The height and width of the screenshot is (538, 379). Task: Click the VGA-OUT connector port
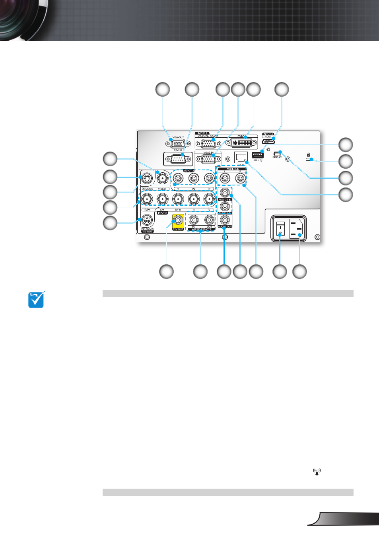coord(177,144)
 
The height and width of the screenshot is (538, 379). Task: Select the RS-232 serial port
coord(178,159)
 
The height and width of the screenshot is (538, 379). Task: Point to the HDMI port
coord(268,141)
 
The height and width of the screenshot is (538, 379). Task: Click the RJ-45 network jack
coord(241,158)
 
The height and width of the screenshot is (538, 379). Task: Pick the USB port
coord(257,155)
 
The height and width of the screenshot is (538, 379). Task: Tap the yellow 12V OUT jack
coord(178,220)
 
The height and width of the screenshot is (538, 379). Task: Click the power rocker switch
coord(280,229)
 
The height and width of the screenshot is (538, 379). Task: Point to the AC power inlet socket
coord(297,229)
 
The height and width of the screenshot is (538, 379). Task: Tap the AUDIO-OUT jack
coord(225,220)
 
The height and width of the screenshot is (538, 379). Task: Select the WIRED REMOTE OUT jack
coord(209,220)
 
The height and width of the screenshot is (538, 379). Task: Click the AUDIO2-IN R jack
coord(240,178)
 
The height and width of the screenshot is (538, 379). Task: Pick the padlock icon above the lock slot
coord(309,155)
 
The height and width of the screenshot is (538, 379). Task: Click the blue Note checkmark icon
coord(36,300)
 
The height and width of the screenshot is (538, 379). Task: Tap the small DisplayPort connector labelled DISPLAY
coord(277,153)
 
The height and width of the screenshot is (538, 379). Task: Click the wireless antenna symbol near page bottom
coord(317,472)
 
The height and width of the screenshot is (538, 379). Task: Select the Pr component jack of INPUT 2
coord(209,178)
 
